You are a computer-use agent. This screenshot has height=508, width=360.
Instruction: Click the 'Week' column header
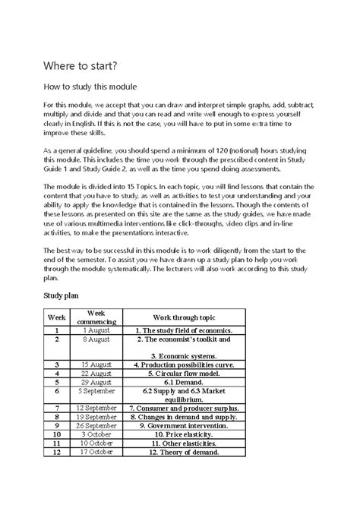tap(56, 317)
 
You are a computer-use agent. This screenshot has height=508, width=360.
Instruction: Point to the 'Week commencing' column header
tap(96, 317)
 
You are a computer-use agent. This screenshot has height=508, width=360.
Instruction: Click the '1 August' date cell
tap(96, 331)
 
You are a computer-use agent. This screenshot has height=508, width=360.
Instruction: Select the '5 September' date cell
tap(96, 391)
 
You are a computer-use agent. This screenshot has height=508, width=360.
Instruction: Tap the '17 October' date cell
tap(96, 453)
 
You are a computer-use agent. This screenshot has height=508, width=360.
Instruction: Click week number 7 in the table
tap(56, 409)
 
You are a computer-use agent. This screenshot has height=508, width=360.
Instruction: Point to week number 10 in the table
tap(56, 435)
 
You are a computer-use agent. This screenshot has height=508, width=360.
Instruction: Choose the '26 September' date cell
tap(96, 426)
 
